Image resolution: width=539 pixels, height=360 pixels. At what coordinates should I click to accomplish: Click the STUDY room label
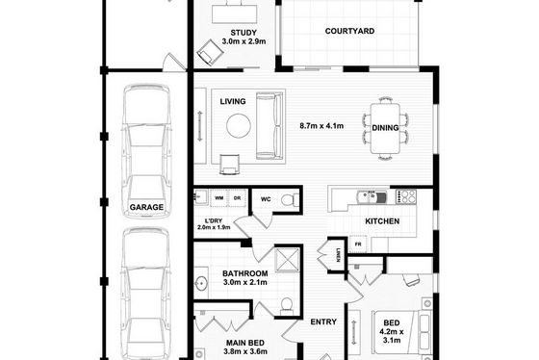pyautogui.click(x=244, y=33)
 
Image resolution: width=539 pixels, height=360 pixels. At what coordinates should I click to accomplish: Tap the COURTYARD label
pyautogui.click(x=349, y=31)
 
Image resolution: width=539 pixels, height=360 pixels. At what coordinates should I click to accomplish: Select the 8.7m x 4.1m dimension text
pyautogui.click(x=321, y=126)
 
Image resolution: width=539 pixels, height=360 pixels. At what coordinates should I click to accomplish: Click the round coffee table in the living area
pyautogui.click(x=239, y=126)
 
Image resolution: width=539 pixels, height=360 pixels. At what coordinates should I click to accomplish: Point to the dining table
pyautogui.click(x=385, y=128)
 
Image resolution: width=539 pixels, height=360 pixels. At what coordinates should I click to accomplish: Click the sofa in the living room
pyautogui.click(x=269, y=126)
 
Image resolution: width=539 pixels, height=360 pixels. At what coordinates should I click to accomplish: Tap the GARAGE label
pyautogui.click(x=146, y=207)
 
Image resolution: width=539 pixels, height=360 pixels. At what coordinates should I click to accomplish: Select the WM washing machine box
pyautogui.click(x=219, y=198)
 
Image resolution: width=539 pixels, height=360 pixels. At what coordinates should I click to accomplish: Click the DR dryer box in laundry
pyautogui.click(x=237, y=198)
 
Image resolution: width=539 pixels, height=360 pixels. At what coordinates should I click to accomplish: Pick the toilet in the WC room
pyautogui.click(x=290, y=200)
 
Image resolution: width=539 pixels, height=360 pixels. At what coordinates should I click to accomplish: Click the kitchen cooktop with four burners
pyautogui.click(x=406, y=196)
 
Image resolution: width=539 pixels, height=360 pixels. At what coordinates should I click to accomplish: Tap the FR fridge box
pyautogui.click(x=358, y=244)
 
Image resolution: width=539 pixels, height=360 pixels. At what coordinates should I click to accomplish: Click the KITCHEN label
pyautogui.click(x=382, y=221)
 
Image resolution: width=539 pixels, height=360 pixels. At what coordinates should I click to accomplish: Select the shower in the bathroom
pyautogui.click(x=288, y=260)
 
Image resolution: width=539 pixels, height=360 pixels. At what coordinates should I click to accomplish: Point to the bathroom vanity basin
pyautogui.click(x=201, y=284)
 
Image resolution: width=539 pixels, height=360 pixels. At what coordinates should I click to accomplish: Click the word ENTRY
pyautogui.click(x=323, y=321)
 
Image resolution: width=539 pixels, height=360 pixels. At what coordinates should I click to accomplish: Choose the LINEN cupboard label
pyautogui.click(x=338, y=255)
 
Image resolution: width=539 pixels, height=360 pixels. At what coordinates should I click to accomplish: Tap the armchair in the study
pyautogui.click(x=211, y=53)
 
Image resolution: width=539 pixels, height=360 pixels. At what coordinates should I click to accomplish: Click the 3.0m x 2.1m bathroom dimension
pyautogui.click(x=245, y=282)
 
